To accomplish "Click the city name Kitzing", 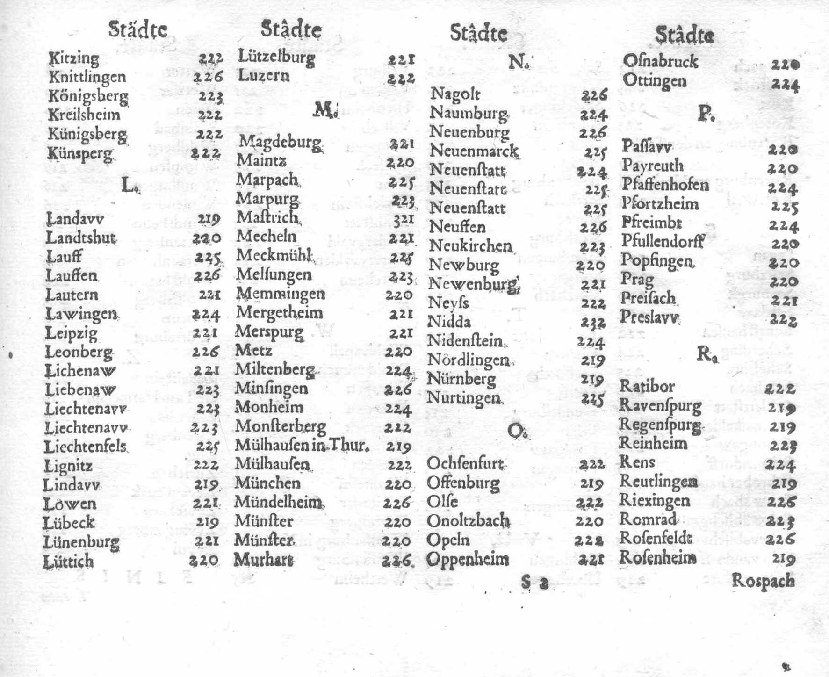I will click(74, 59).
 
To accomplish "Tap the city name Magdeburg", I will click(280, 142).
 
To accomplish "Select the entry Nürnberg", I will click(461, 378).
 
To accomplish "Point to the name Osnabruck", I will click(660, 62).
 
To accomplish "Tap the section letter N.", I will click(518, 61).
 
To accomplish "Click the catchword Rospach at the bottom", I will click(763, 581).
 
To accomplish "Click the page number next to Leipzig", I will click(205, 333).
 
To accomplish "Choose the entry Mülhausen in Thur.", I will click(302, 445).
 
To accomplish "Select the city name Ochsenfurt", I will click(465, 464).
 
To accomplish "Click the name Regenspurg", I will click(660, 425).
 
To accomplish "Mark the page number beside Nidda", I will click(593, 323).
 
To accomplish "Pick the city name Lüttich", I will click(68, 561).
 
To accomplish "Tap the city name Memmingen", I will click(280, 294).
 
